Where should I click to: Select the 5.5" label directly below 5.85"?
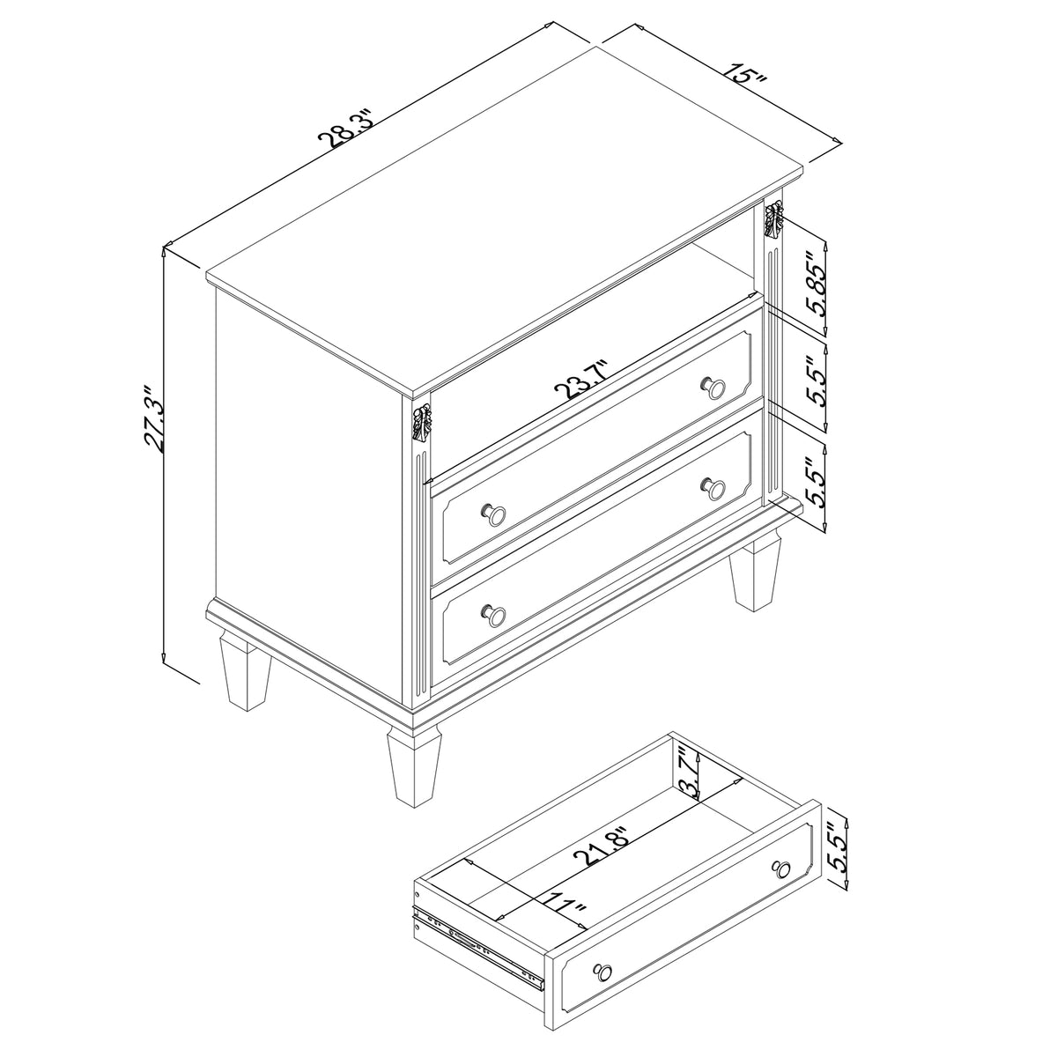(x=817, y=380)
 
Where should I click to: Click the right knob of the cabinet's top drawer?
(x=712, y=386)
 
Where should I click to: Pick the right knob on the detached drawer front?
(x=780, y=869)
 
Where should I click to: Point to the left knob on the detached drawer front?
(x=603, y=970)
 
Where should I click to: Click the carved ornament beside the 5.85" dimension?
(x=773, y=219)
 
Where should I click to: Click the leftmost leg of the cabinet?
(x=243, y=671)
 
